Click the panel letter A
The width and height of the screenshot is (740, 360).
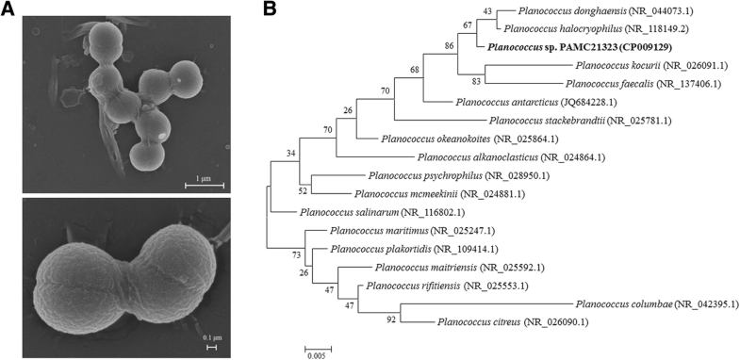9,9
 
